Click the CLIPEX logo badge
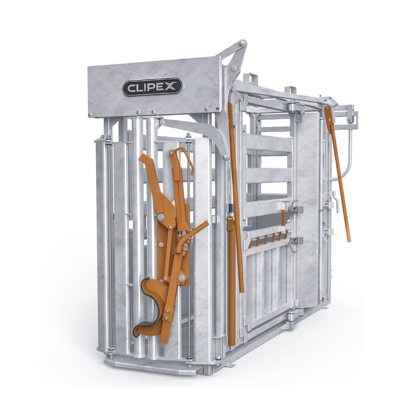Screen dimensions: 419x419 (152, 87)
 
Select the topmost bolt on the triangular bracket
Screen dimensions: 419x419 (242, 43)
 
